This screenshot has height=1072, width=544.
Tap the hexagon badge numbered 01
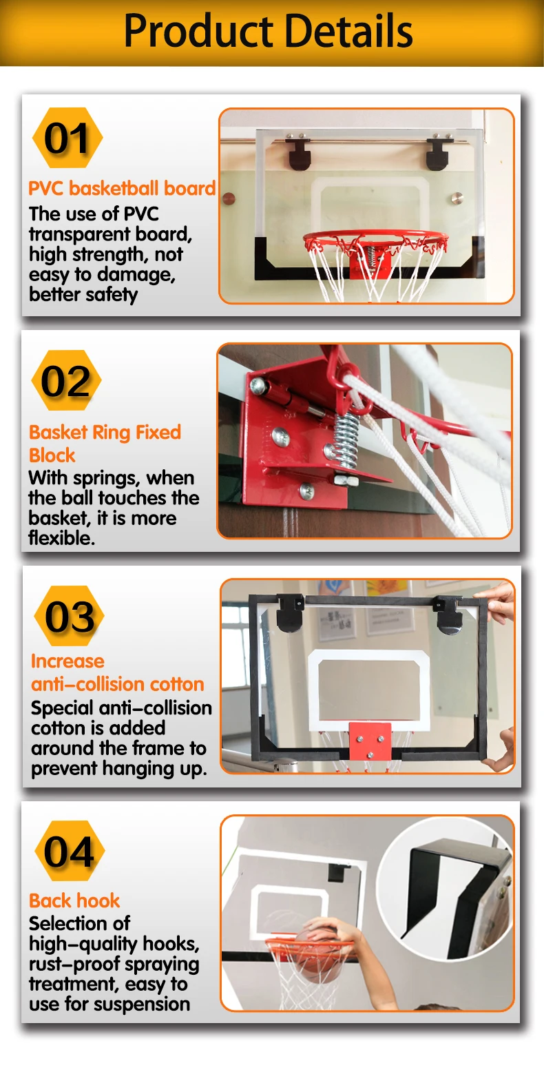point(67,138)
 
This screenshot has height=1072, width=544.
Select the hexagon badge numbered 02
point(66,380)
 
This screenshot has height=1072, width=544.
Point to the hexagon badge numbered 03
point(70,616)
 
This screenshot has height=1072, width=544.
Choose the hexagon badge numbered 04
point(70,851)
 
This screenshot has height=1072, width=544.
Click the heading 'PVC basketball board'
point(122,188)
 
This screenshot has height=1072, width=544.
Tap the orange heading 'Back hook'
point(74,900)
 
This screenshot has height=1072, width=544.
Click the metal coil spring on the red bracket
point(346,440)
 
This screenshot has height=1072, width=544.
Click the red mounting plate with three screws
point(369,741)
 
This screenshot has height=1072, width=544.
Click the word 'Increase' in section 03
point(67,661)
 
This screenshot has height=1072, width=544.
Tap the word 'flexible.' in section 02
point(61,538)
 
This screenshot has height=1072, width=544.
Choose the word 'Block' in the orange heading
point(52,455)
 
